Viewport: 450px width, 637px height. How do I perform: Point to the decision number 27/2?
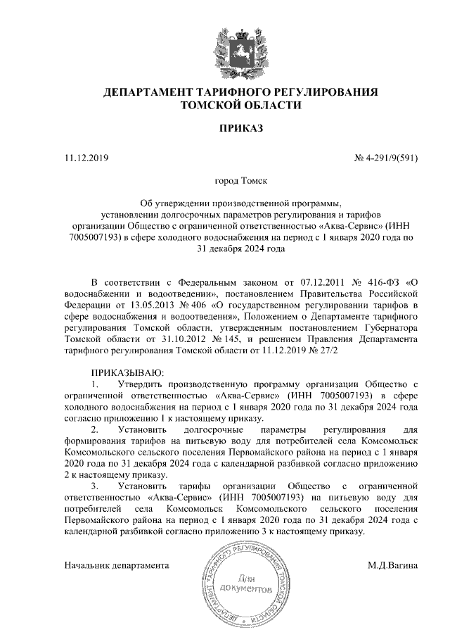point(327,350)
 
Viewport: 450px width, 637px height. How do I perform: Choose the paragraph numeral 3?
point(95,486)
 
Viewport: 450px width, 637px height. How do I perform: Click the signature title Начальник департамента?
point(117,564)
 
